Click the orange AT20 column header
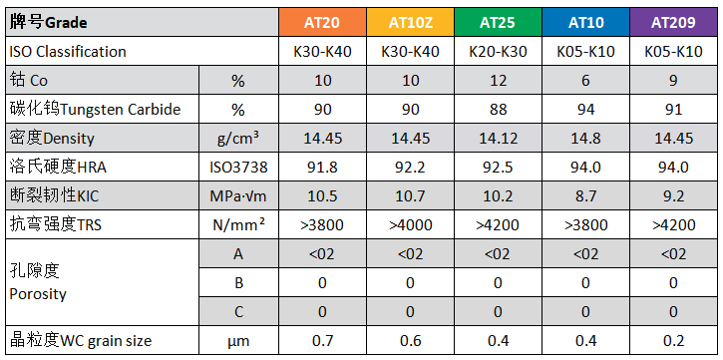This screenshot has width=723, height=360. coord(322,22)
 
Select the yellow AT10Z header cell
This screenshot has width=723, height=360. coord(411,22)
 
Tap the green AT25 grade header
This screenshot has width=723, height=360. coord(498,22)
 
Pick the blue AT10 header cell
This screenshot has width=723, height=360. coord(585,22)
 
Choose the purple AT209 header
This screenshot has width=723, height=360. coord(673,22)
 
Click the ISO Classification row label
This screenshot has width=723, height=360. coord(68,51)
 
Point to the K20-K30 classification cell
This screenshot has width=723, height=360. coord(498,52)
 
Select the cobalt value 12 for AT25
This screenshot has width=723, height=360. coord(498,80)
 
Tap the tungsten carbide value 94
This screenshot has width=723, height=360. coord(585,110)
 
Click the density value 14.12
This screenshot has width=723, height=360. coord(498,138)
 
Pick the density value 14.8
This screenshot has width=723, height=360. coord(585,138)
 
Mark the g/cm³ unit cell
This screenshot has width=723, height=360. coord(239,138)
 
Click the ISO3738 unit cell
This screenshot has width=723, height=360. coord(239,167)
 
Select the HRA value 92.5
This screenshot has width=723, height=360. coord(498,167)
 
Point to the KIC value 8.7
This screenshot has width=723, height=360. coord(585,195)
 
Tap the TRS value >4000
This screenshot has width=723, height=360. coord(411,225)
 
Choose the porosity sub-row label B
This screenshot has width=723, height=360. coord(239,282)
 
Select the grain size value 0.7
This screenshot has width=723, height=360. coord(322,341)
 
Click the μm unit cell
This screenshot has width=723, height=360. coord(239,341)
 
